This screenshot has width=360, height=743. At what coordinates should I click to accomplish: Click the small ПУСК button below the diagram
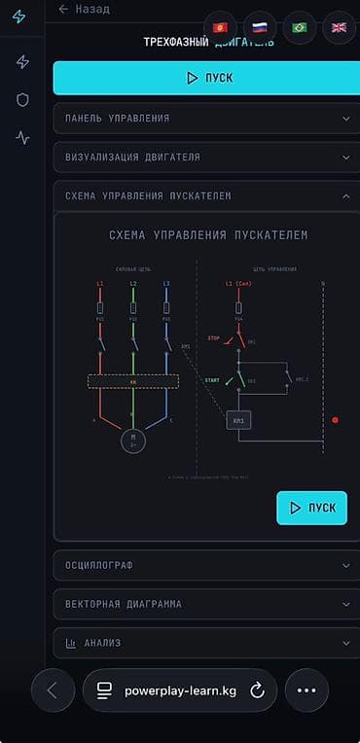coord(311,508)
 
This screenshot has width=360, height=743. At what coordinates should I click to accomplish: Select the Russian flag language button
coord(259,27)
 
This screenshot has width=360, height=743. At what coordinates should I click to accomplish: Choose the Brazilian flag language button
coord(299,27)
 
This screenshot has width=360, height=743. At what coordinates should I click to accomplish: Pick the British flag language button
coord(339,27)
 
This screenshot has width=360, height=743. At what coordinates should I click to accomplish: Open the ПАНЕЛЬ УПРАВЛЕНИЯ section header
coord(199,119)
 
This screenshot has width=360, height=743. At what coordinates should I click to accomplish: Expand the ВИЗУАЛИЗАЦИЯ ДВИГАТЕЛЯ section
coord(199,157)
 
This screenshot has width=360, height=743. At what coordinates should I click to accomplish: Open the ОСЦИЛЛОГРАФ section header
coord(199,565)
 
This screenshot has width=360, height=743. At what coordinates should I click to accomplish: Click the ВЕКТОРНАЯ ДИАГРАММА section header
coord(199,604)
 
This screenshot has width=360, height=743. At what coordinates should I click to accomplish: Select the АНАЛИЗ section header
coord(199,643)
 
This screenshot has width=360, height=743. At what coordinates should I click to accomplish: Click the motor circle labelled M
coord(131,440)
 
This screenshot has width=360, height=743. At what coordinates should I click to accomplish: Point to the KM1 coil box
coord(238,420)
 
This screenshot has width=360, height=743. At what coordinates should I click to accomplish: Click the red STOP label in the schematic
coord(214,337)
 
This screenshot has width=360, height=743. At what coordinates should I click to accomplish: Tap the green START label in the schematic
coord(213,379)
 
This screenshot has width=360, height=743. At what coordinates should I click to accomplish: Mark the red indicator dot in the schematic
coord(335,420)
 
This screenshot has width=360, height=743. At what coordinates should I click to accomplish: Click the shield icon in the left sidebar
coord(22,99)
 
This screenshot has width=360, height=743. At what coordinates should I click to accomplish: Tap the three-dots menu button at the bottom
coord(306,690)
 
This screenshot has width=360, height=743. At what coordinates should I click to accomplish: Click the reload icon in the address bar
coord(258,690)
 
